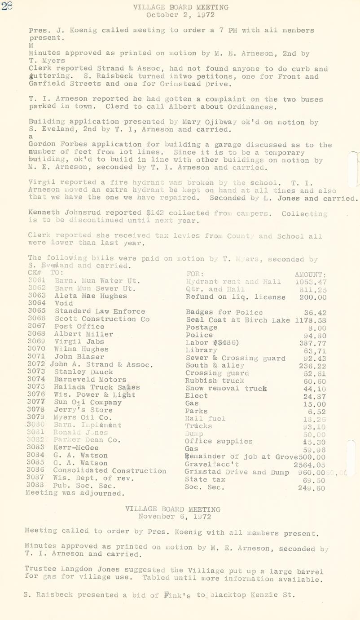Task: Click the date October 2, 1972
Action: tap(180, 15)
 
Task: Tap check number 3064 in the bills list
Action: tap(37, 304)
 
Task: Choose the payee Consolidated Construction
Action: tap(110, 471)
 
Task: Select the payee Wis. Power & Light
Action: tap(95, 395)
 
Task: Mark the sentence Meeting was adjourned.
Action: tap(75, 493)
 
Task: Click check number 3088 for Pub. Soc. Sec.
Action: tap(37, 486)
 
